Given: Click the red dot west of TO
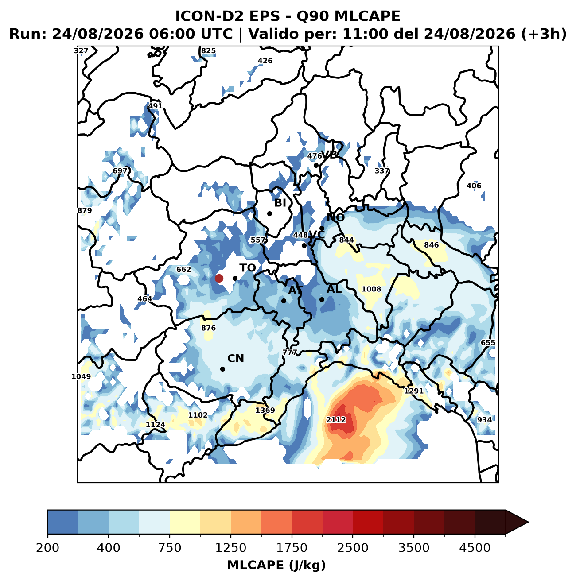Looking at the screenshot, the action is pyautogui.click(x=219, y=278).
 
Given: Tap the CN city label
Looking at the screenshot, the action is pyautogui.click(x=235, y=359).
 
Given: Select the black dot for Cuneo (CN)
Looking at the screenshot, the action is pyautogui.click(x=222, y=369).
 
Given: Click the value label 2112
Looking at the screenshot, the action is pyautogui.click(x=336, y=420).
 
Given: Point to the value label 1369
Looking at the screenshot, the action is pyautogui.click(x=265, y=410).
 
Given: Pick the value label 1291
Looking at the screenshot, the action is pyautogui.click(x=414, y=391).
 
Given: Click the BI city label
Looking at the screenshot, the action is pyautogui.click(x=280, y=203).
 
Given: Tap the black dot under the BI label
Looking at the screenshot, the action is pyautogui.click(x=269, y=213).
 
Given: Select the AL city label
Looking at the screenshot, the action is pyautogui.click(x=334, y=289).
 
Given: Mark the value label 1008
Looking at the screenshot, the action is pyautogui.click(x=371, y=289).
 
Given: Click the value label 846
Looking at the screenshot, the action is pyautogui.click(x=431, y=245).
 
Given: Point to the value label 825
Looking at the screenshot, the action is pyautogui.click(x=208, y=50).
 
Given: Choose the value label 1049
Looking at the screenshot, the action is pyautogui.click(x=81, y=376).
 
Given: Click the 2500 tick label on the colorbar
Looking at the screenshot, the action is pyautogui.click(x=353, y=547).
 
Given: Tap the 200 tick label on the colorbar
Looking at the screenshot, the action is pyautogui.click(x=48, y=547).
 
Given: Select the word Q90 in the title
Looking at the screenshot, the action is pyautogui.click(x=313, y=16).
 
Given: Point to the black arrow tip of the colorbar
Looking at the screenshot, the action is pyautogui.click(x=528, y=522).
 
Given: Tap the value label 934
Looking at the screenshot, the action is pyautogui.click(x=484, y=420).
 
